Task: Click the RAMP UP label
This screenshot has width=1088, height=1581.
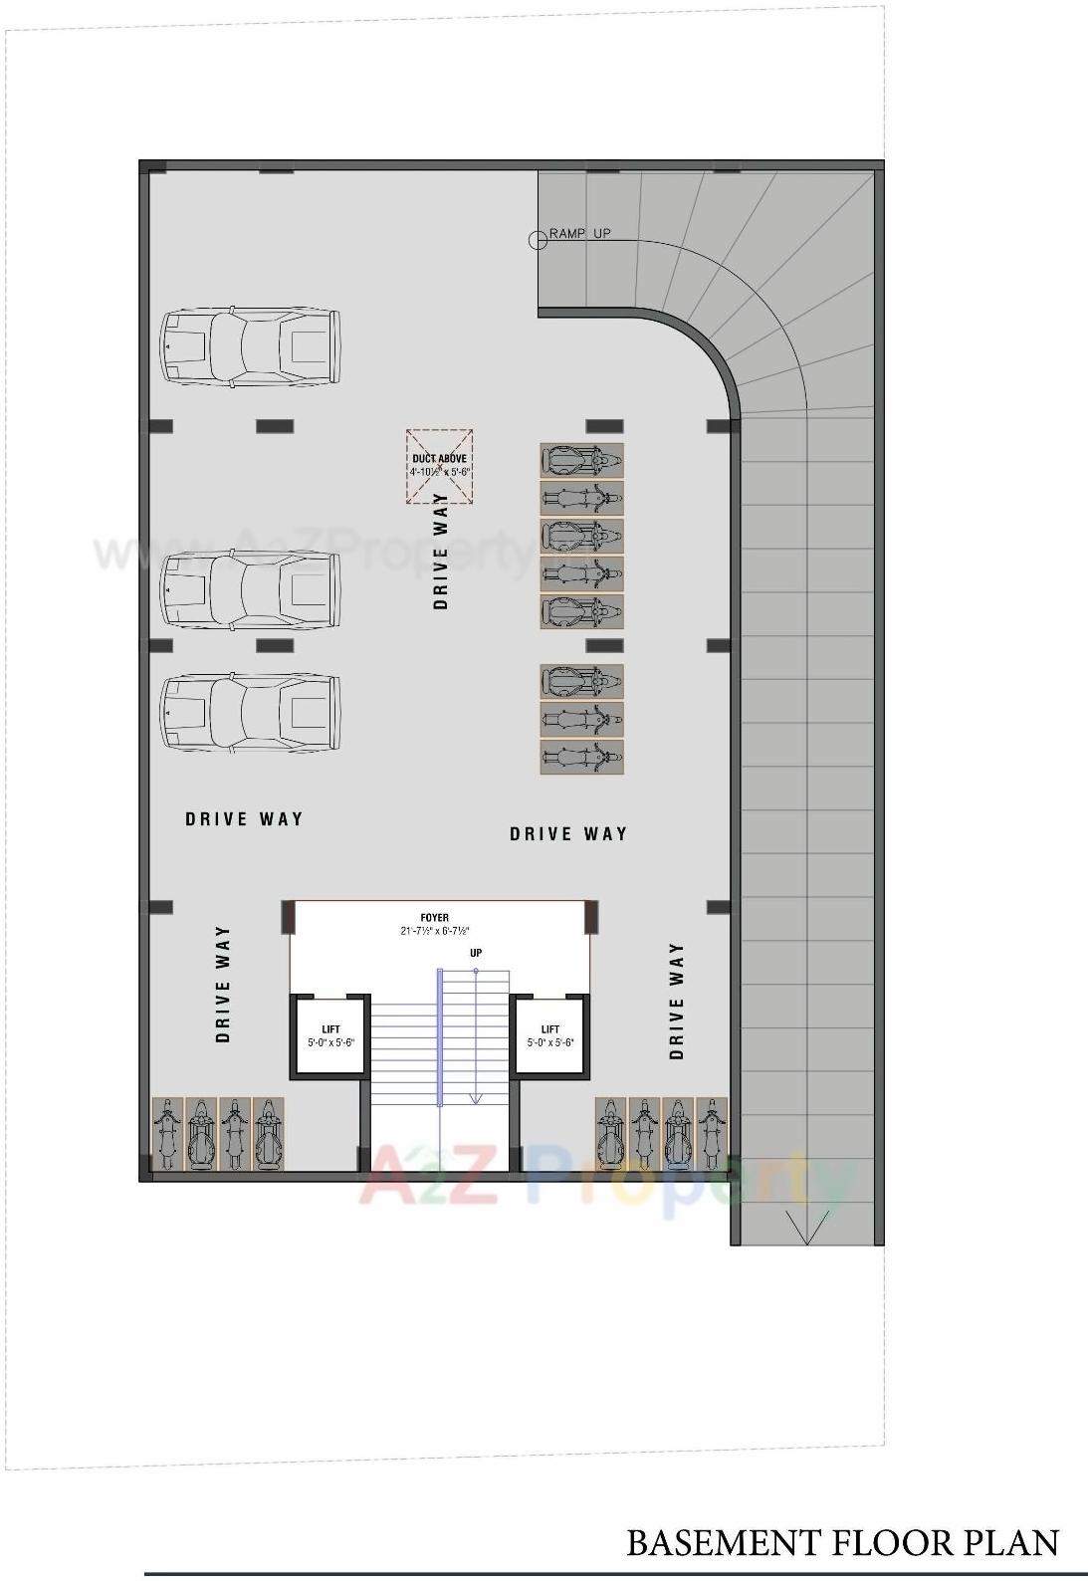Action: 580,233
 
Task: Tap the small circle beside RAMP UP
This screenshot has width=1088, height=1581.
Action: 537,238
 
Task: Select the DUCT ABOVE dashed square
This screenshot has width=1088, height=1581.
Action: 439,466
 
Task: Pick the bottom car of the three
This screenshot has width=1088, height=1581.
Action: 251,713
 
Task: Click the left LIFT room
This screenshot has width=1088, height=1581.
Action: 330,1035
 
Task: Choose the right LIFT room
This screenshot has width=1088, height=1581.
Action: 550,1035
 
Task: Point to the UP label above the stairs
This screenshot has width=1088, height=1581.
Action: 476,953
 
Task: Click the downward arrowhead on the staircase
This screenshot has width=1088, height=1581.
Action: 476,1097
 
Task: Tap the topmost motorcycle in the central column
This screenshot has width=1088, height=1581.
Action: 582,461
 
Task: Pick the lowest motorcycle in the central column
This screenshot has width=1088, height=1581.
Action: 582,757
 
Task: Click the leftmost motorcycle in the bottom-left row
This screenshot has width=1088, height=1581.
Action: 167,1134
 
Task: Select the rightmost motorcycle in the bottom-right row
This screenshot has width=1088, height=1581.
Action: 711,1134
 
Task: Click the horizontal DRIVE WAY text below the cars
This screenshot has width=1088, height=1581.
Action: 244,819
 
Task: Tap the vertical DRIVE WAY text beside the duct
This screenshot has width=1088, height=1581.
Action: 441,551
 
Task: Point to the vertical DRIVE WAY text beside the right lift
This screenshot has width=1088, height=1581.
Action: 677,1001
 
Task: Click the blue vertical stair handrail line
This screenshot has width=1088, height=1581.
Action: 439,1035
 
